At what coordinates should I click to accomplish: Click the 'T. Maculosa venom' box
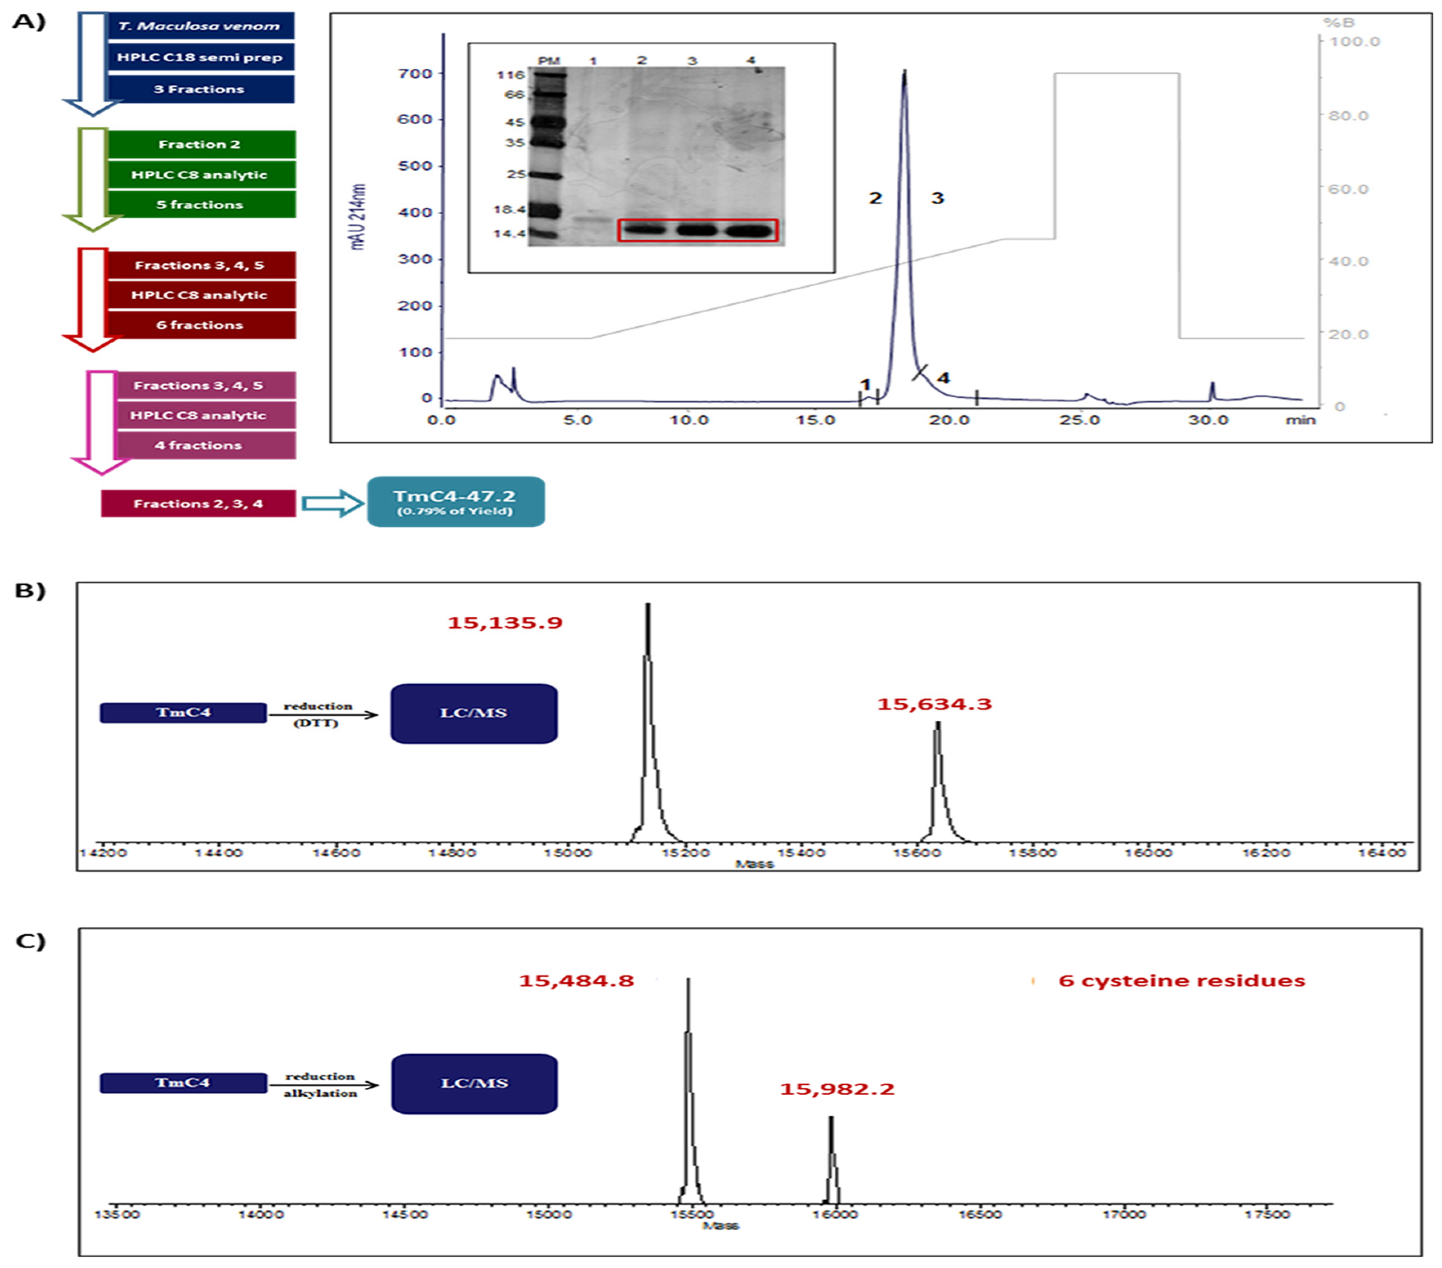coord(199,26)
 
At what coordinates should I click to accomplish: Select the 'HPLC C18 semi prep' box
coord(199,57)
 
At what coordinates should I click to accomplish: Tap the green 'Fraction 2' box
coord(199,144)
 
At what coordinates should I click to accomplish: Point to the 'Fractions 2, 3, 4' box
coord(198,504)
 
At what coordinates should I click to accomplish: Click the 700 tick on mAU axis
coord(416,74)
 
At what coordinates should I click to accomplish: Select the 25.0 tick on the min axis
coord(1079,421)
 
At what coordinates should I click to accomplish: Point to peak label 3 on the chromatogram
coord(937,198)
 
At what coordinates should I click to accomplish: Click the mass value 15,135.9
coord(505,623)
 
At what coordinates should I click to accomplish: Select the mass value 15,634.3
coord(934,703)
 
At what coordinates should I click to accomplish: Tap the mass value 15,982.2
coord(837,1089)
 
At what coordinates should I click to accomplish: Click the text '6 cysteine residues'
coord(1182,981)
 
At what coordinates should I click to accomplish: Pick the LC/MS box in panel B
coord(474,712)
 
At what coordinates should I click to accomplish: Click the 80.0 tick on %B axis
coord(1348,116)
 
